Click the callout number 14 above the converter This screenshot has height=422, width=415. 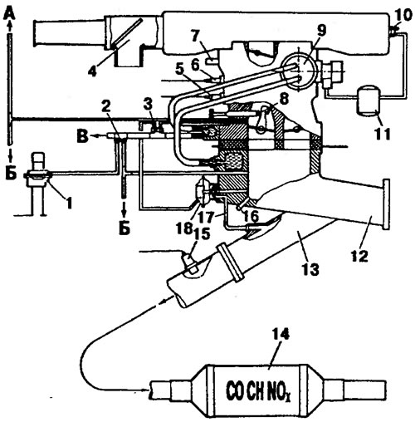click(x=281, y=334)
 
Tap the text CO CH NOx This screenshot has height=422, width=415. click(x=260, y=392)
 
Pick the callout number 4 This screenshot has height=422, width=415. click(x=93, y=71)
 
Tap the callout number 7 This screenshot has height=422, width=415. click(x=198, y=37)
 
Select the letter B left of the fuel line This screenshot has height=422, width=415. click(x=83, y=136)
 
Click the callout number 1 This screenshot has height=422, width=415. click(x=69, y=203)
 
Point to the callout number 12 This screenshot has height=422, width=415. click(x=360, y=255)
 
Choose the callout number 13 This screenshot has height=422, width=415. click(x=311, y=268)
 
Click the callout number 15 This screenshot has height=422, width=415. click(x=202, y=234)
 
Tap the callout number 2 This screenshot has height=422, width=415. click(x=107, y=105)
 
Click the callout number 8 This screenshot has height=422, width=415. click(x=285, y=98)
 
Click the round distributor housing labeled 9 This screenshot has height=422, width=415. click(x=299, y=71)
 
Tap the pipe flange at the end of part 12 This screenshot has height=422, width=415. click(x=386, y=204)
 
